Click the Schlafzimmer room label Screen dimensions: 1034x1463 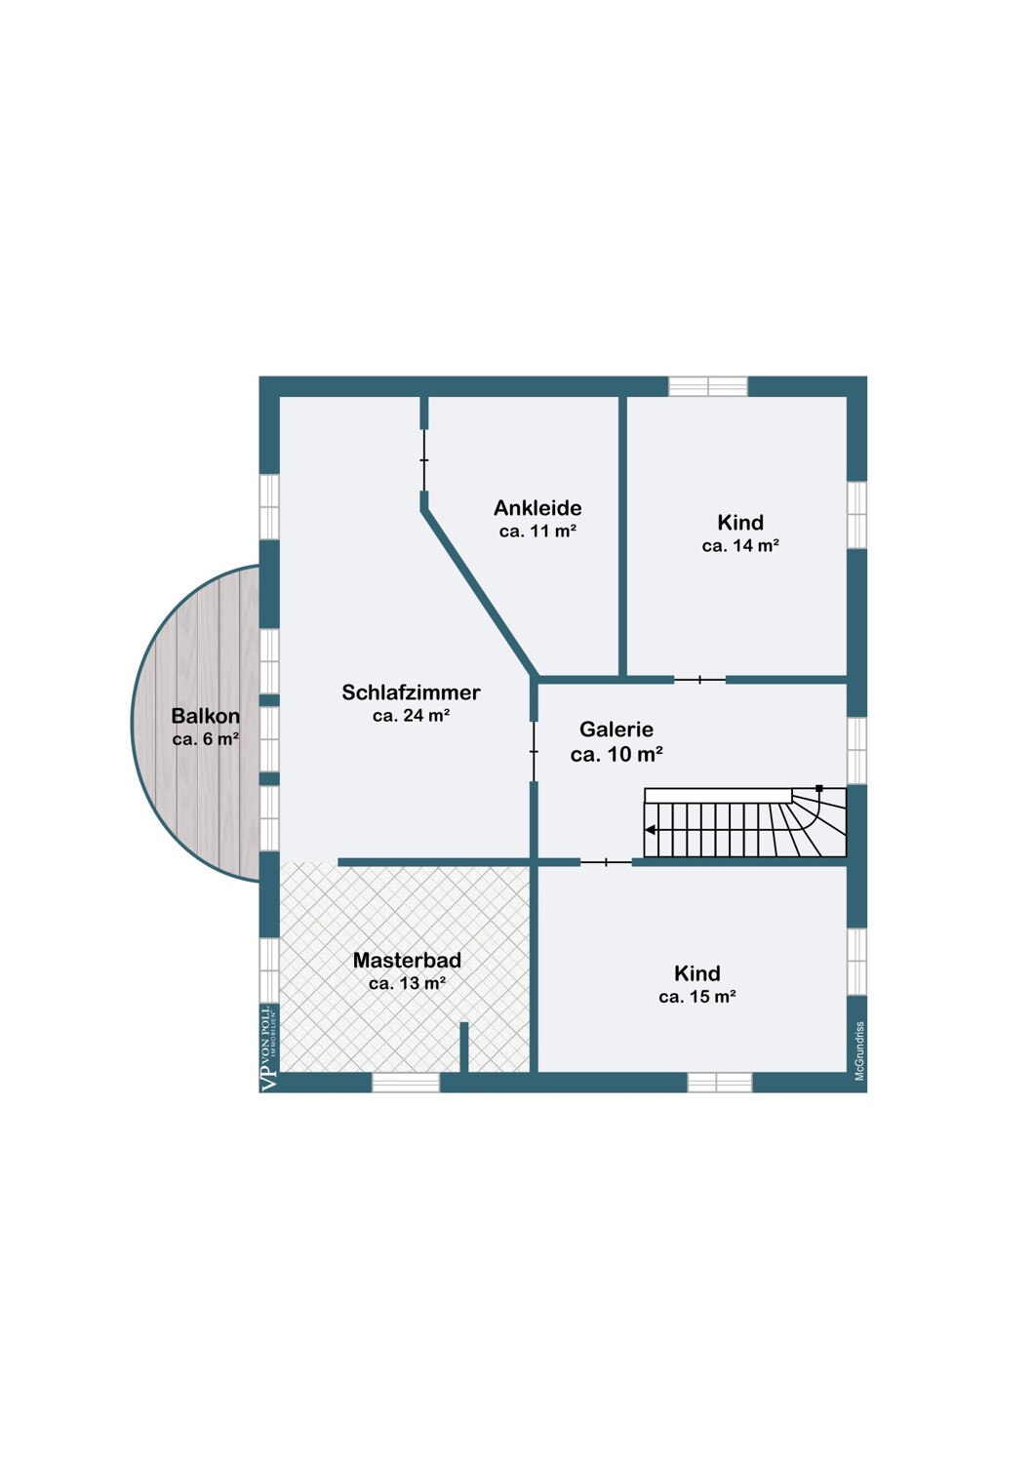(x=411, y=692)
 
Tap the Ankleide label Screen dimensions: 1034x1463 (x=537, y=507)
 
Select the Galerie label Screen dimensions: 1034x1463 (x=616, y=729)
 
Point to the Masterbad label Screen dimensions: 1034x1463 (x=407, y=960)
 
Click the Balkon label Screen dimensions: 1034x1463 (x=205, y=716)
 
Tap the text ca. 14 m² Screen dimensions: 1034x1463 (x=740, y=545)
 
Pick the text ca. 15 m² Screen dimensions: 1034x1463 (x=696, y=997)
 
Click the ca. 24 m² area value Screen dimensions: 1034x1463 (x=411, y=716)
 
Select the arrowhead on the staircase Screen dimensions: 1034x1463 (x=650, y=830)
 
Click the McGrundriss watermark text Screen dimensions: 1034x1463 (x=859, y=1050)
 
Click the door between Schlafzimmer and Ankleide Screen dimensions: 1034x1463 (x=424, y=460)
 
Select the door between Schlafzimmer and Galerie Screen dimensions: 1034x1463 (x=534, y=752)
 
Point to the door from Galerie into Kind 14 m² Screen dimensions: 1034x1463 (x=699, y=680)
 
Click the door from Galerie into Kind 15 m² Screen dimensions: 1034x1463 (x=606, y=862)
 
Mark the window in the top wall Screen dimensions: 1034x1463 (x=707, y=386)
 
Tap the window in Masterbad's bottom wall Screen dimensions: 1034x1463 (x=406, y=1083)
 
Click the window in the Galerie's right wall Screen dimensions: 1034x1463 (x=856, y=750)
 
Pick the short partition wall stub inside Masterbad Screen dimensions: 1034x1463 (x=463, y=1047)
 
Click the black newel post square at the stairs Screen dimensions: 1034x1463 (x=819, y=788)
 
